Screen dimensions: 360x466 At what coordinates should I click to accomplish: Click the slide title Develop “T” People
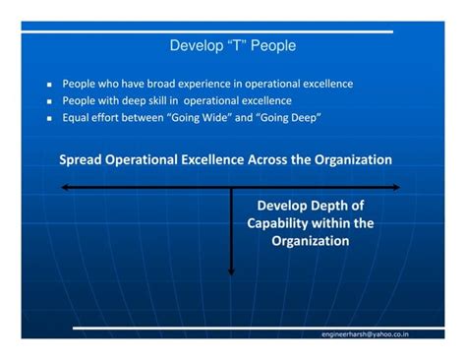click(x=232, y=45)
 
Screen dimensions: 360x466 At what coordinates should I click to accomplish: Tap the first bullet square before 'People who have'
click(x=48, y=85)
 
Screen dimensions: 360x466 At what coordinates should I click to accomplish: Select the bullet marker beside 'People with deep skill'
click(x=48, y=101)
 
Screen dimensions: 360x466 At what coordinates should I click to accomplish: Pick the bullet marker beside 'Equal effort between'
click(x=48, y=118)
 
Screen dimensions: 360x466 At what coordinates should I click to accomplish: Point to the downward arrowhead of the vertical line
click(x=231, y=270)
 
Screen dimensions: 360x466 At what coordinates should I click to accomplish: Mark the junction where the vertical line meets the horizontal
click(x=231, y=186)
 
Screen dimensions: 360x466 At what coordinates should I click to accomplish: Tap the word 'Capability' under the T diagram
click(x=277, y=223)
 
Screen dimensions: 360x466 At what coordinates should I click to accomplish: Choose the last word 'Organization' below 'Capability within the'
click(x=311, y=241)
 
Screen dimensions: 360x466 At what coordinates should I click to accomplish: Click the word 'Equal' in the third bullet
click(x=78, y=117)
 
